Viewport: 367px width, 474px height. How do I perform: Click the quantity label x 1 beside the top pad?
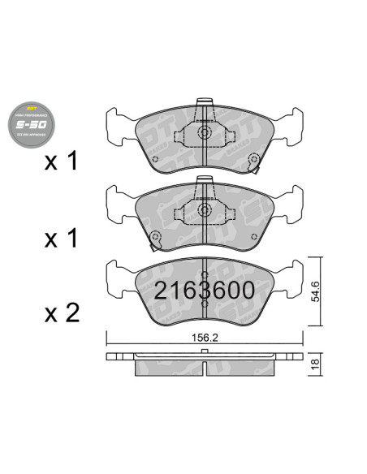coord(62,162)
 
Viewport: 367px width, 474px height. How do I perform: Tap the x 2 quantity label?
coord(62,312)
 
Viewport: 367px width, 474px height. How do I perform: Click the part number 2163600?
coord(204,291)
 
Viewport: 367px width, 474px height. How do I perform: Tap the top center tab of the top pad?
coord(206,108)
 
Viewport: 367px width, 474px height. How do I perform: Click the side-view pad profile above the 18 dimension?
coord(207,362)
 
